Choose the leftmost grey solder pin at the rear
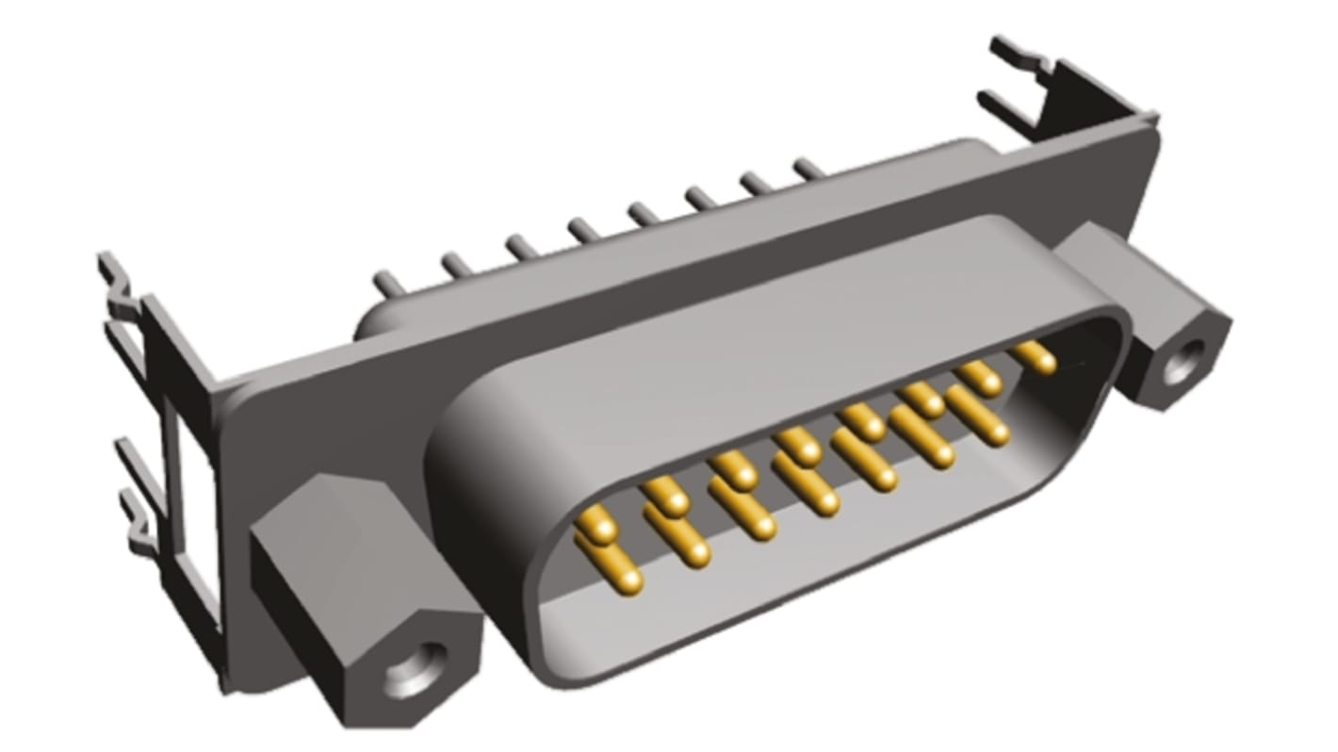[387, 282]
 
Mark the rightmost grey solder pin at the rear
[808, 170]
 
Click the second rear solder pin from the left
[457, 265]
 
